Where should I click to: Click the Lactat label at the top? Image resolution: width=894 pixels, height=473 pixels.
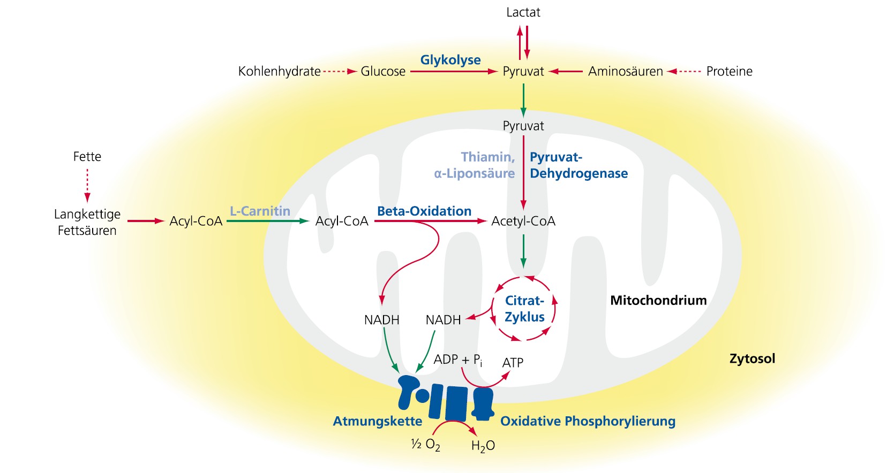click(x=523, y=12)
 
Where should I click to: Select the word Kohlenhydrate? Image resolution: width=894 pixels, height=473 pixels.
click(x=279, y=71)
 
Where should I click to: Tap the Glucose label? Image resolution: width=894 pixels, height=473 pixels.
click(x=382, y=71)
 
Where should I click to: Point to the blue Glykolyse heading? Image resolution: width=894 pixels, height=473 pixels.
click(x=450, y=60)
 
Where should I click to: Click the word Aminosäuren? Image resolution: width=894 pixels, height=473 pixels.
click(x=625, y=71)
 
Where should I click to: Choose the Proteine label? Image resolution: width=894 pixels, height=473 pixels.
click(x=729, y=71)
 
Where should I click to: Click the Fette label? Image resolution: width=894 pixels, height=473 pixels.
click(x=87, y=156)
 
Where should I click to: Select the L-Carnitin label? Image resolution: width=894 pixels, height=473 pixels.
click(x=260, y=211)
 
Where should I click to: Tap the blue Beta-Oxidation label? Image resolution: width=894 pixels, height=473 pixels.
click(x=424, y=211)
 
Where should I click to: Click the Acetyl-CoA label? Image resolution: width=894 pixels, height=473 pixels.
click(x=523, y=221)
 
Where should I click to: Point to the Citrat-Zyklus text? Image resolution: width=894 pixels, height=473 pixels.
click(x=524, y=309)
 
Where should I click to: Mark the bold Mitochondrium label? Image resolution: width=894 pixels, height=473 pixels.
click(x=658, y=300)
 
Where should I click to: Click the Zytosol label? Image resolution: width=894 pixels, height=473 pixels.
click(x=752, y=358)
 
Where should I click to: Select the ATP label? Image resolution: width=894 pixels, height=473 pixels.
click(x=513, y=363)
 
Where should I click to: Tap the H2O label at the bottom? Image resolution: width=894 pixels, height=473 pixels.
click(x=483, y=446)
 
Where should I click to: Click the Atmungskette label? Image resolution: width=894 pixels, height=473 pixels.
click(x=377, y=421)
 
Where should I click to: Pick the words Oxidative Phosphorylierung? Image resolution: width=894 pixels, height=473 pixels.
click(x=588, y=421)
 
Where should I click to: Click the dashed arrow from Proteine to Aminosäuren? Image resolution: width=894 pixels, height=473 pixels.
click(x=684, y=71)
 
